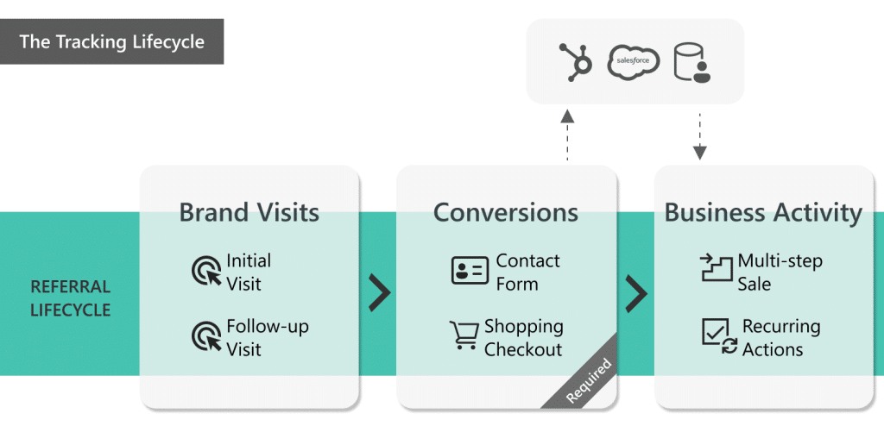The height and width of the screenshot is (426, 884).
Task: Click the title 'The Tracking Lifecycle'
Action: point(112,42)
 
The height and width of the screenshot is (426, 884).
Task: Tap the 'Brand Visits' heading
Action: point(249,213)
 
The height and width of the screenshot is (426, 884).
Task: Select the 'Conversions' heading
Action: point(506,213)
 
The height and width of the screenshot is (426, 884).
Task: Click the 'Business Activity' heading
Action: point(763,213)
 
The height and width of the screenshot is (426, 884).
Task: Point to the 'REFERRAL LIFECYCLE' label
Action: point(71,298)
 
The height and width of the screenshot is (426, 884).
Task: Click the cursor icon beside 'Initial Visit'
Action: point(206,272)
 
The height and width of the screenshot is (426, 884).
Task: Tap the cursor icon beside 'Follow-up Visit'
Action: point(206,337)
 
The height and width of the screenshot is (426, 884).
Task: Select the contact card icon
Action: point(470,271)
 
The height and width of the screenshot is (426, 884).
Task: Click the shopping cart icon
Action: point(464,335)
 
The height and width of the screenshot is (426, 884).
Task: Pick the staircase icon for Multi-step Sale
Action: point(716,270)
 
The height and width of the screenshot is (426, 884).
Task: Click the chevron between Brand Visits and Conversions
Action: point(379,293)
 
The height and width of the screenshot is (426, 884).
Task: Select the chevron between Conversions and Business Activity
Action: point(636,293)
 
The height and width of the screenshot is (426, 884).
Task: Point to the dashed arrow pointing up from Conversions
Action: point(567,134)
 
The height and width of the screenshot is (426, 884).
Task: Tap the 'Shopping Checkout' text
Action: point(523,338)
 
